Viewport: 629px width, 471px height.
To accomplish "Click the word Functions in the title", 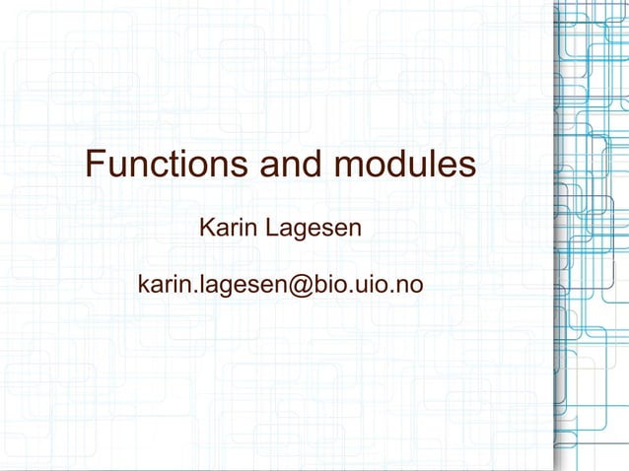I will (166, 166).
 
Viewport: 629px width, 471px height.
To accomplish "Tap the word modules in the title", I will (405, 166).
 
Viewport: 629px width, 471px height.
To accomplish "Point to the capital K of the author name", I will (207, 230).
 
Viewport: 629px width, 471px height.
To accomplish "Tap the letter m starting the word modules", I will (347, 166).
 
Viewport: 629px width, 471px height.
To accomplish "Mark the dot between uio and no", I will (391, 293).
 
